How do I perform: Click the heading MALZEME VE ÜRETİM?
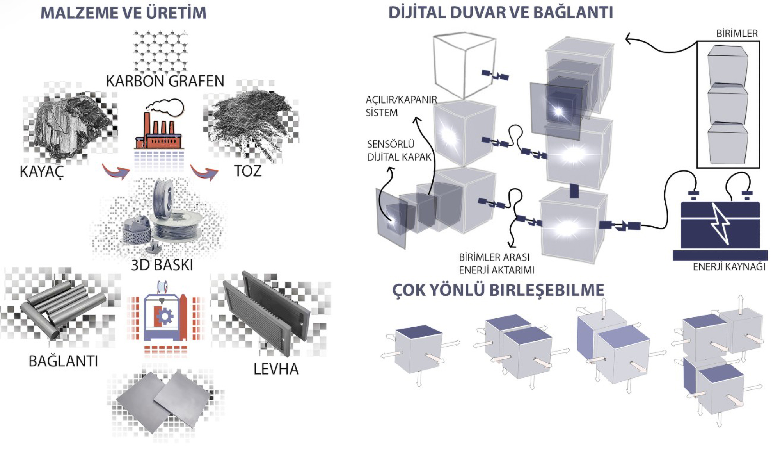[x=123, y=13]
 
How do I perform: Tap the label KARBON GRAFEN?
[x=165, y=81]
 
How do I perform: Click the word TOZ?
[x=248, y=171]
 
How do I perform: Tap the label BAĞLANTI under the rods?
[x=63, y=361]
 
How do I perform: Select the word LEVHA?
[x=276, y=369]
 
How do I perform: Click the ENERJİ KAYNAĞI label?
[x=728, y=267]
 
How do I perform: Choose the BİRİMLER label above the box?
[x=737, y=34]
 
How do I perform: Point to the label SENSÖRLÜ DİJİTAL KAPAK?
[x=399, y=150]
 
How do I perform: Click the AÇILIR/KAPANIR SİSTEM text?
[x=401, y=106]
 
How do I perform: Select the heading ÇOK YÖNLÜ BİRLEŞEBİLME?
[x=498, y=290]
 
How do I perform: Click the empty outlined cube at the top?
[x=464, y=64]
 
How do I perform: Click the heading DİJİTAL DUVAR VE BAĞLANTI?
[x=501, y=13]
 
